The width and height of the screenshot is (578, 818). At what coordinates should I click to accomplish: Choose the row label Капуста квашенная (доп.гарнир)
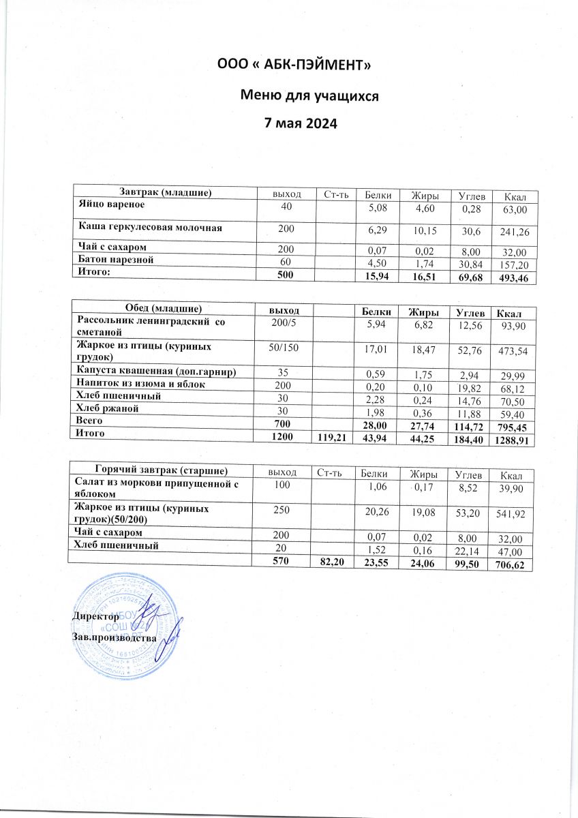[156, 372]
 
